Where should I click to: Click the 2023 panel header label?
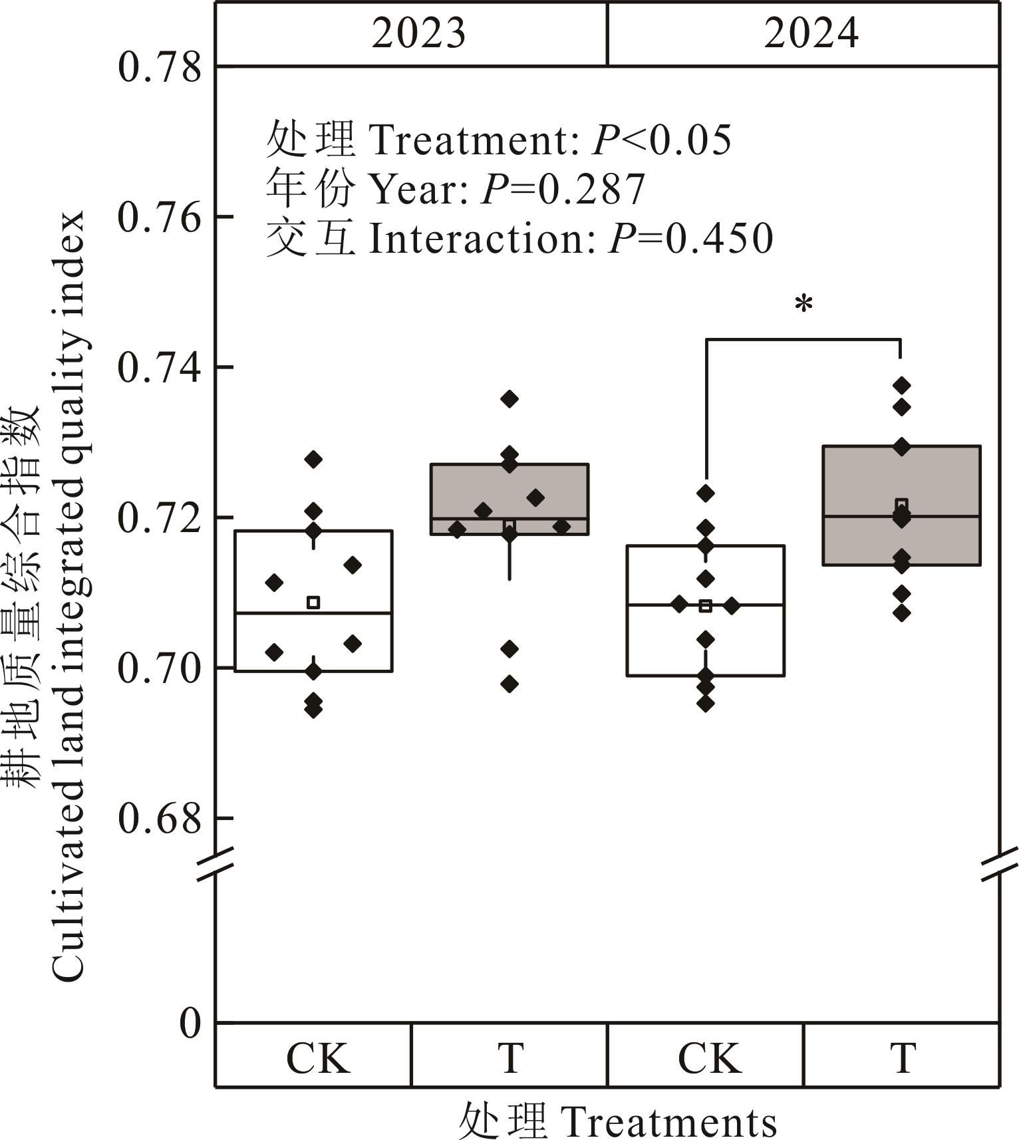[418, 33]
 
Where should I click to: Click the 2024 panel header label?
[811, 33]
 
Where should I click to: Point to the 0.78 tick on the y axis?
[159, 68]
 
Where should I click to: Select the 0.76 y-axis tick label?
[159, 217]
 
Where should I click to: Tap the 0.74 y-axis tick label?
[159, 368]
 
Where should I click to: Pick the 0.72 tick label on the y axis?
[159, 518]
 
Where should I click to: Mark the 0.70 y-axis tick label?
[159, 668]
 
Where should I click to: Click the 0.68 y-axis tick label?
[159, 819]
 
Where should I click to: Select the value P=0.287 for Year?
[563, 190]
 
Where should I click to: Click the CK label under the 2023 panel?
[317, 1058]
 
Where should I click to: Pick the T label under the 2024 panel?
[903, 1058]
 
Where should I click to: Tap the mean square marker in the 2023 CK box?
[313, 603]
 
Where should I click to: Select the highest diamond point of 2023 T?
[509, 399]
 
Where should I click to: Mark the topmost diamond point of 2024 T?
[902, 385]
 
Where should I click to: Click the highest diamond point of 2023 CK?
[313, 459]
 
